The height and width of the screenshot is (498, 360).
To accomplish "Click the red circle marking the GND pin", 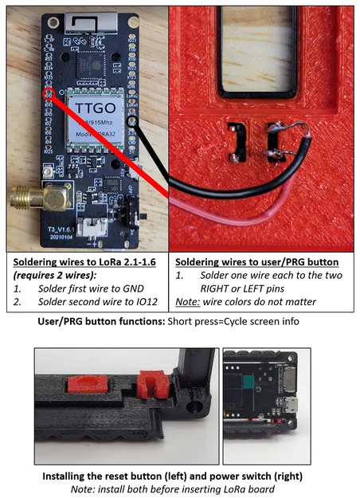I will point(49,94).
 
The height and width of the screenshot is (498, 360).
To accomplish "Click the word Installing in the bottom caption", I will point(68,476).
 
